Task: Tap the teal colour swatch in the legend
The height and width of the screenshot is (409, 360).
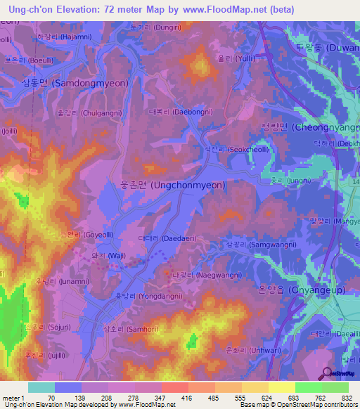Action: click(41, 387)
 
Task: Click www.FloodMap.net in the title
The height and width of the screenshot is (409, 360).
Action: click(221, 10)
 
